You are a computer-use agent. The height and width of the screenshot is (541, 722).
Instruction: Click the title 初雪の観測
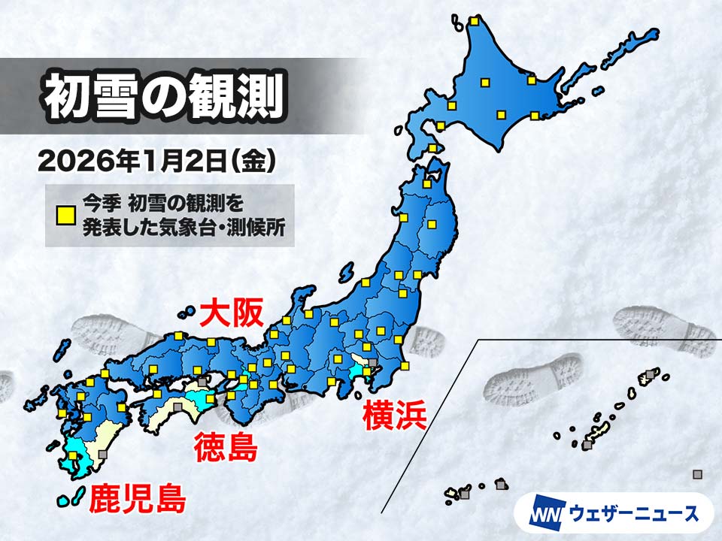click(x=162, y=96)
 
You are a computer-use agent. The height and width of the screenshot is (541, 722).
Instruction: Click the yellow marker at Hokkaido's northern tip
click(x=475, y=21)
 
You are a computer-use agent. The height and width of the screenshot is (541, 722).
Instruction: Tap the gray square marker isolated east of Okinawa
click(x=697, y=473)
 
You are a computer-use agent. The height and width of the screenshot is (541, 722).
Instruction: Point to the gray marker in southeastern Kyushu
click(x=102, y=454)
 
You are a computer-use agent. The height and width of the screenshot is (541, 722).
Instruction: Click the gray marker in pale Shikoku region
click(x=177, y=406)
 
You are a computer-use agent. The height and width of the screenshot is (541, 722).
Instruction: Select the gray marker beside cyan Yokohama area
click(x=372, y=363)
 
